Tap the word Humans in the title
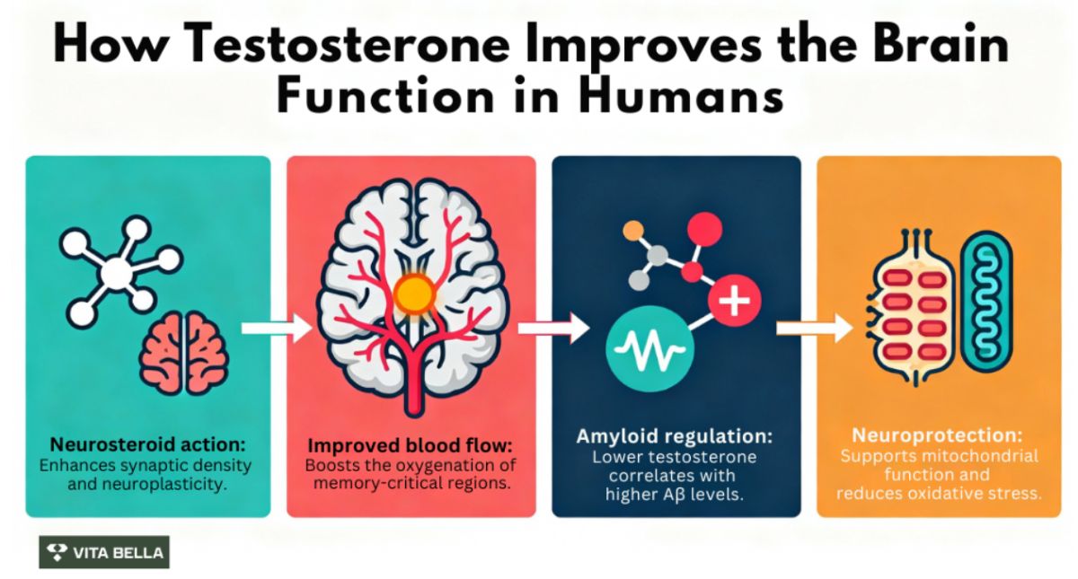682,96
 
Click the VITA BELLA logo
104,552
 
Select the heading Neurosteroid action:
147,444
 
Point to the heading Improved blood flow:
410,446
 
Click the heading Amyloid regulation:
674,436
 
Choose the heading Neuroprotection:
937,435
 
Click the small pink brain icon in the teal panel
183,353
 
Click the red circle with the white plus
735,300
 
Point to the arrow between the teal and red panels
277,329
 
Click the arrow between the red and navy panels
553,329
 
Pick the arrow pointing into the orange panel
814,329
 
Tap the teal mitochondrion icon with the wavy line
986,308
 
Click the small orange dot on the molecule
632,231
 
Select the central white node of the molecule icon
116,273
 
